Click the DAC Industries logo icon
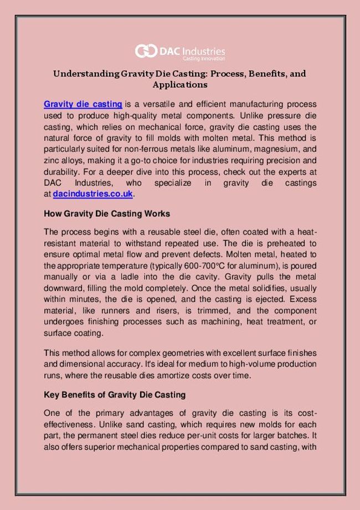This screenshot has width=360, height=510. (146, 51)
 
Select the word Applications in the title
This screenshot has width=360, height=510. (180, 85)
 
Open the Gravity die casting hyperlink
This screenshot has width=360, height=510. (83, 104)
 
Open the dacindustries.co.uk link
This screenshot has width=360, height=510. (93, 195)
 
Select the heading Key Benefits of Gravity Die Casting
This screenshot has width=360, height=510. (114, 395)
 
